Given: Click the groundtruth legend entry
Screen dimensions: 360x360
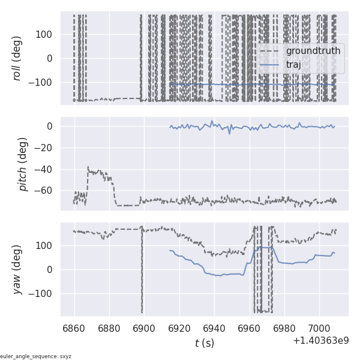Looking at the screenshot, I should point(313,51).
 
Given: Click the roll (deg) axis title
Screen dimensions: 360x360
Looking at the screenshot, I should point(17,59).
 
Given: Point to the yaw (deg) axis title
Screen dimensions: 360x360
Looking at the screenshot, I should point(17,269).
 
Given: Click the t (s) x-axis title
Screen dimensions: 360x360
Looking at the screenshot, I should point(204,343).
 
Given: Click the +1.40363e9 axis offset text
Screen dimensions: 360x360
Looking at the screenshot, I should point(320,341).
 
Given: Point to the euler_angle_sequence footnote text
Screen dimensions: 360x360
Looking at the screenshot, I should point(36,356).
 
